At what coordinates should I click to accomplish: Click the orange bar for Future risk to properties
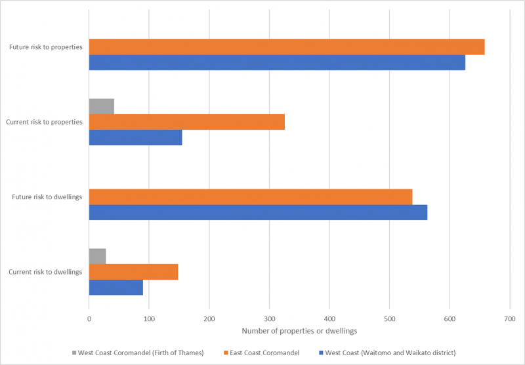click(x=287, y=47)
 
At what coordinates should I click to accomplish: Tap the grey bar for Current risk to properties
click(x=102, y=106)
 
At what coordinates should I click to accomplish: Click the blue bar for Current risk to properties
click(x=135, y=138)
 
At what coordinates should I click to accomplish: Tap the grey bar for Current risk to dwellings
click(x=97, y=256)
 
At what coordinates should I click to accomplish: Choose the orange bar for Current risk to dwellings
click(x=133, y=271)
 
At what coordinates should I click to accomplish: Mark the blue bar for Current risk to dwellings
click(x=116, y=287)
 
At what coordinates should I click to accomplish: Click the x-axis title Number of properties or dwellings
click(x=299, y=332)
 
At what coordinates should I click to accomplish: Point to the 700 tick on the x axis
click(x=509, y=319)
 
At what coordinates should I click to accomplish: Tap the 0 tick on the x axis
click(x=89, y=319)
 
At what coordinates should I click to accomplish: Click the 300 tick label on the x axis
click(x=269, y=319)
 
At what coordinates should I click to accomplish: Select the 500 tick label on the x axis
click(x=389, y=319)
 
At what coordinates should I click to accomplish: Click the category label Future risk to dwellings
click(x=45, y=197)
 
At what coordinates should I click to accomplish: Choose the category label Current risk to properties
click(x=44, y=122)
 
